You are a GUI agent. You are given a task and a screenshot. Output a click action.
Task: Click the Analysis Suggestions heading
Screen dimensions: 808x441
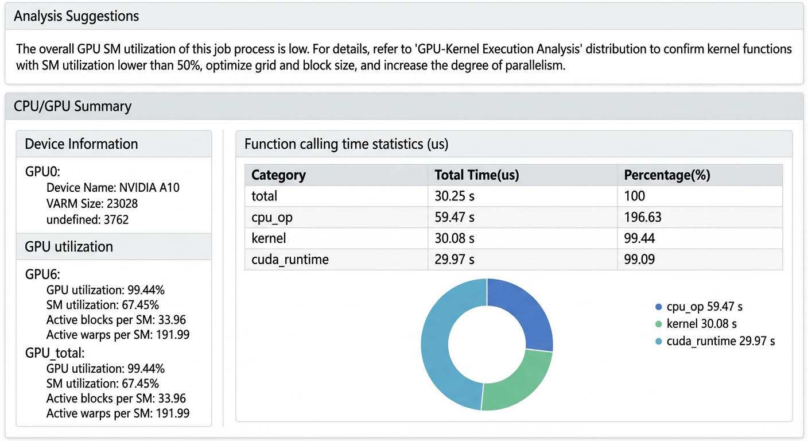(x=76, y=16)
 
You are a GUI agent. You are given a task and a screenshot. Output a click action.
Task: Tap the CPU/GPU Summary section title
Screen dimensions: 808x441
(x=72, y=106)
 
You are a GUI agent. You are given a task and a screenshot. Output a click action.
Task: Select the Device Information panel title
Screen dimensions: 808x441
(x=81, y=144)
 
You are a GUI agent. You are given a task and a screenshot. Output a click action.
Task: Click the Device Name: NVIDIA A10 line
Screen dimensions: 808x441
(x=113, y=188)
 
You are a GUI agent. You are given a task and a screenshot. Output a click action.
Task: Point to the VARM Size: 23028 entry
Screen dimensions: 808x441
(x=92, y=203)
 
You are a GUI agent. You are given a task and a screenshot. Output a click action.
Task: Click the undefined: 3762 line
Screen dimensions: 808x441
(x=87, y=219)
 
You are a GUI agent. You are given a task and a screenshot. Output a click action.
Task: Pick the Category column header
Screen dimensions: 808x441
(x=278, y=175)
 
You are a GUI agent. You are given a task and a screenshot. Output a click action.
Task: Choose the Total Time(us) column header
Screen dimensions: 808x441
(x=477, y=175)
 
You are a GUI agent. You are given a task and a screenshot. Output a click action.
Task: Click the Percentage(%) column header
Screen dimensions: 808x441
(x=667, y=175)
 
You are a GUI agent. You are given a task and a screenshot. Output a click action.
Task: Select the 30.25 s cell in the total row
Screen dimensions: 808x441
(x=454, y=196)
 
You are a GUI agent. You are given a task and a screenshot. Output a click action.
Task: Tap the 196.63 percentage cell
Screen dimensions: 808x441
(x=643, y=217)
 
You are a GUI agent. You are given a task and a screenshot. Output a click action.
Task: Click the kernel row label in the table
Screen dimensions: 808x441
(x=269, y=238)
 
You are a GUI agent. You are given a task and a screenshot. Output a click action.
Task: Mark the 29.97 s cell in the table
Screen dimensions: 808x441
(x=454, y=259)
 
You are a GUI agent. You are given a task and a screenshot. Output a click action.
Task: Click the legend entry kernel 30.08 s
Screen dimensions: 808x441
(x=696, y=324)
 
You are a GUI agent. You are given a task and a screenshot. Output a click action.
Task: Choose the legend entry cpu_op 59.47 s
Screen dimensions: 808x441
(x=699, y=307)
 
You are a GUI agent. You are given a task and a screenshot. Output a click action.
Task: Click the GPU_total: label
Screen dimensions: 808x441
(x=55, y=353)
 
